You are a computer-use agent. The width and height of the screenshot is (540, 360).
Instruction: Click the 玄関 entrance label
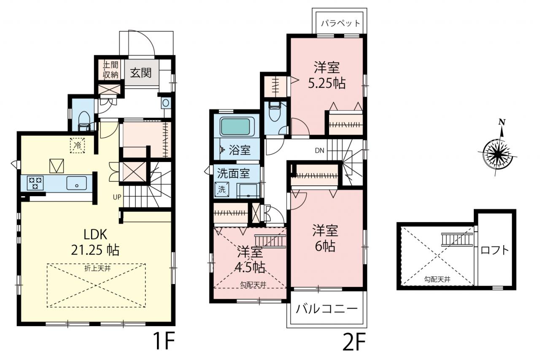(x=141, y=73)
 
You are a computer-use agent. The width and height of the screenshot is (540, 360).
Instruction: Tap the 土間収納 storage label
(x=111, y=70)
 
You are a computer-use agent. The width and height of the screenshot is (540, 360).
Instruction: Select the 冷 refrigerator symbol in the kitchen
(x=77, y=145)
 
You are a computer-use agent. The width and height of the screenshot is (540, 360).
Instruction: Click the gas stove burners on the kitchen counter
(x=35, y=183)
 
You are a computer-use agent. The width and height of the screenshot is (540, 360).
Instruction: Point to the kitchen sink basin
(x=76, y=183)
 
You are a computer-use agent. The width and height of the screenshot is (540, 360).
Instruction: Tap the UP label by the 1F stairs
(x=117, y=197)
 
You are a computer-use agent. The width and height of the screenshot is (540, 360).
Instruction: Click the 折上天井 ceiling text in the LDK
(x=97, y=268)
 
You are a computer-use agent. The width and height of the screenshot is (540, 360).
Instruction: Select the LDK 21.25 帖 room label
(x=95, y=242)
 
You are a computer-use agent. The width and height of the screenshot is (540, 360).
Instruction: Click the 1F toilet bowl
(x=84, y=120)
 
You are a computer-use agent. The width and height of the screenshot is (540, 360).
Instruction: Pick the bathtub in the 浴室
(x=235, y=127)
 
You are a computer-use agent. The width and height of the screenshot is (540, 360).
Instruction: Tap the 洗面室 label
(x=233, y=173)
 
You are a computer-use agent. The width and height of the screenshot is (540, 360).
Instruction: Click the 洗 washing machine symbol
(x=222, y=189)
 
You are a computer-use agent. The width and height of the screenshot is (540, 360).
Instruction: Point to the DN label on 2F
(x=320, y=151)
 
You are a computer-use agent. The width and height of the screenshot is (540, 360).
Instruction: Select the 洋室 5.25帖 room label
(x=327, y=75)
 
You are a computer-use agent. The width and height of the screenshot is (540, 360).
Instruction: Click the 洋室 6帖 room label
(x=325, y=238)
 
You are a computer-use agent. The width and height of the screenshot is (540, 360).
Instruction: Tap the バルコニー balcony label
(x=327, y=309)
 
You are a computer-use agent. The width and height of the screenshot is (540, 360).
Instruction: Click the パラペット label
(x=340, y=23)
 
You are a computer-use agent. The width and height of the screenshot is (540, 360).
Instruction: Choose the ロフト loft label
(x=495, y=250)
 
